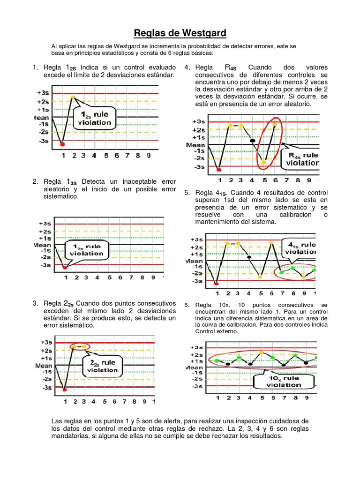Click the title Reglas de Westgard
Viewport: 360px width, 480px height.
click(x=180, y=33)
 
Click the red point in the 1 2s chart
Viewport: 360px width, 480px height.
click(x=62, y=144)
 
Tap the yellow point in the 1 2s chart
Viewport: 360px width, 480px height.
click(x=73, y=97)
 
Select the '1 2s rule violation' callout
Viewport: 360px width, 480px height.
click(x=97, y=119)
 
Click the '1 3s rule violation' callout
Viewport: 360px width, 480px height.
click(x=87, y=250)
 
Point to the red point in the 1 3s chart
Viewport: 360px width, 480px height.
click(x=65, y=267)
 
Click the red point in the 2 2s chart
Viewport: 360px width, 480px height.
click(x=65, y=389)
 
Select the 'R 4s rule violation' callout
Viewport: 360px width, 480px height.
click(x=300, y=159)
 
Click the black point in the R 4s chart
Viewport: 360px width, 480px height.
click(x=253, y=140)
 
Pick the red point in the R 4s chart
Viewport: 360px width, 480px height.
click(x=220, y=170)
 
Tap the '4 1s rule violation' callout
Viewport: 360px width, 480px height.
click(x=299, y=248)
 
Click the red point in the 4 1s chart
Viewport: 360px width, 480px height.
click(x=216, y=284)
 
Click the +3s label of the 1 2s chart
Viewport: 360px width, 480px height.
click(x=43, y=93)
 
